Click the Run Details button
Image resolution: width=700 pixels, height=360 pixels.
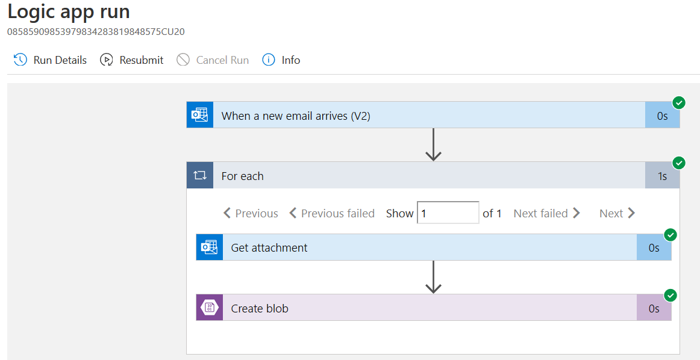coord(51,60)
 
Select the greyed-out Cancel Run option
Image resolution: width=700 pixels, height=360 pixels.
coord(213,60)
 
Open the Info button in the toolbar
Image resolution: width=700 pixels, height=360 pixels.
coord(281,60)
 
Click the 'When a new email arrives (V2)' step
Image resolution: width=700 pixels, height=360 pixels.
coord(296,116)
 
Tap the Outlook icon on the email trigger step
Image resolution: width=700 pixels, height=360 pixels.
coord(200,115)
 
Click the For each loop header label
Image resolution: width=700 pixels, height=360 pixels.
coord(242,176)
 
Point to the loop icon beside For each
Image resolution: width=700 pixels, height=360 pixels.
coord(200,175)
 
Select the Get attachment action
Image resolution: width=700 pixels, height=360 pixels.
coord(269,247)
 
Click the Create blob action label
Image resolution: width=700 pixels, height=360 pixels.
coord(260,308)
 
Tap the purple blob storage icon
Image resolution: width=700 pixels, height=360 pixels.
coord(210,308)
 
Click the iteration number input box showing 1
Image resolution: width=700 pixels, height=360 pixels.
coord(448,213)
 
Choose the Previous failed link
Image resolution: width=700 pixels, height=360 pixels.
coord(332,213)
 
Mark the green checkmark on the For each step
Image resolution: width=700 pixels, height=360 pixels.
coord(679,163)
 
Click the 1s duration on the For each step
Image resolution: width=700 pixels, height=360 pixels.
coord(662,176)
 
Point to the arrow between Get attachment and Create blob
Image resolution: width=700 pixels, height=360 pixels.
coord(433,277)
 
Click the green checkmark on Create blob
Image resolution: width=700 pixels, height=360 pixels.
coord(670,295)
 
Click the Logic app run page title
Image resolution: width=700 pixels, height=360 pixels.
coord(69,11)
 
